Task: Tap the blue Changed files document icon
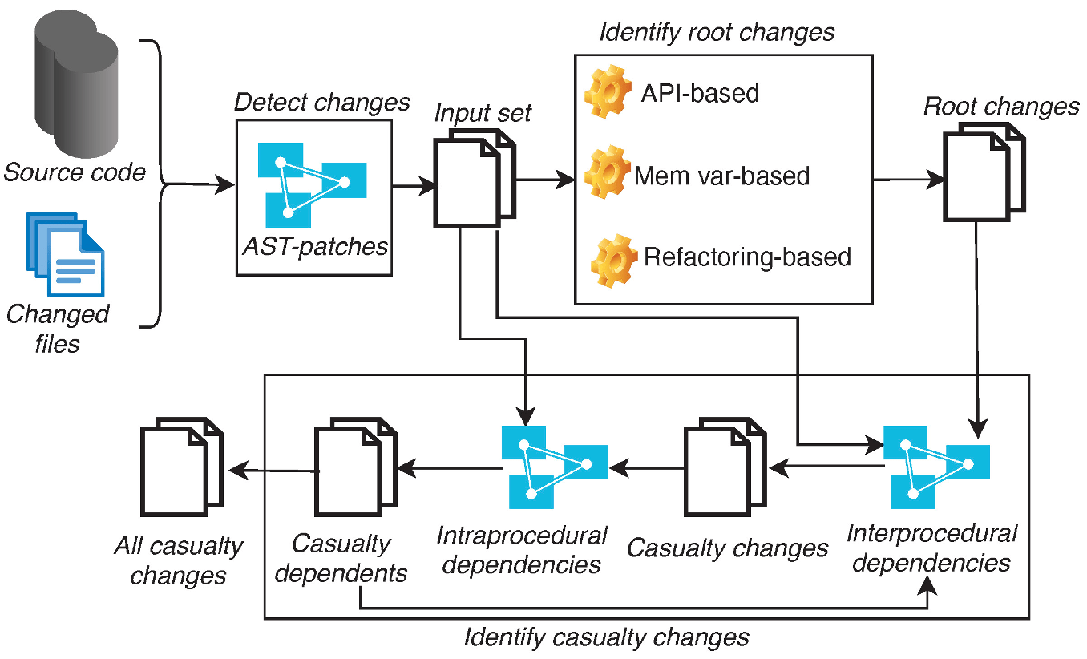pyautogui.click(x=65, y=253)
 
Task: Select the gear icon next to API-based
pyautogui.click(x=608, y=92)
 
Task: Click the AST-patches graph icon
pyautogui.click(x=312, y=185)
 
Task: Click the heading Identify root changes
pyautogui.click(x=717, y=33)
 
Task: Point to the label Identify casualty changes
pyautogui.click(x=606, y=637)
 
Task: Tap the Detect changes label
pyautogui.click(x=321, y=103)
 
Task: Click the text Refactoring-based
pyautogui.click(x=747, y=257)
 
